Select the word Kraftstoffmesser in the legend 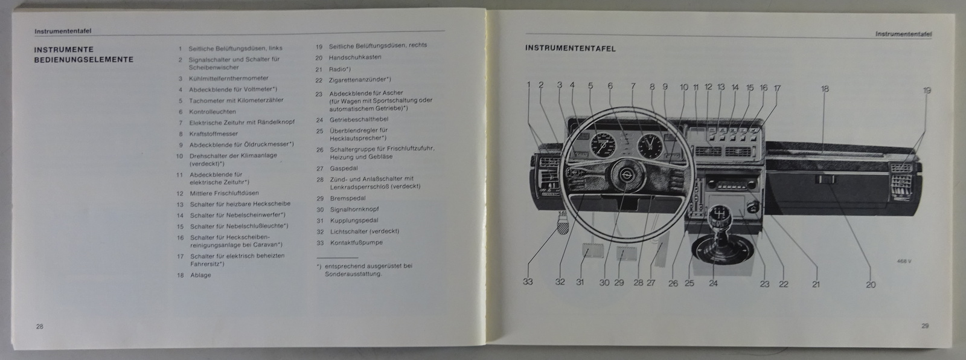pyautogui.click(x=214, y=133)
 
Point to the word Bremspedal pyautogui.click(x=347, y=198)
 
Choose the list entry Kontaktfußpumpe pyautogui.click(x=356, y=242)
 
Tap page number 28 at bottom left pyautogui.click(x=40, y=326)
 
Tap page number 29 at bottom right pyautogui.click(x=925, y=326)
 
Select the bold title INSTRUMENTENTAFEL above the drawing pyautogui.click(x=570, y=48)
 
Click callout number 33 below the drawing pyautogui.click(x=528, y=282)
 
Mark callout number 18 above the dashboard pyautogui.click(x=824, y=89)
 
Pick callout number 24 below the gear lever pyautogui.click(x=713, y=283)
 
